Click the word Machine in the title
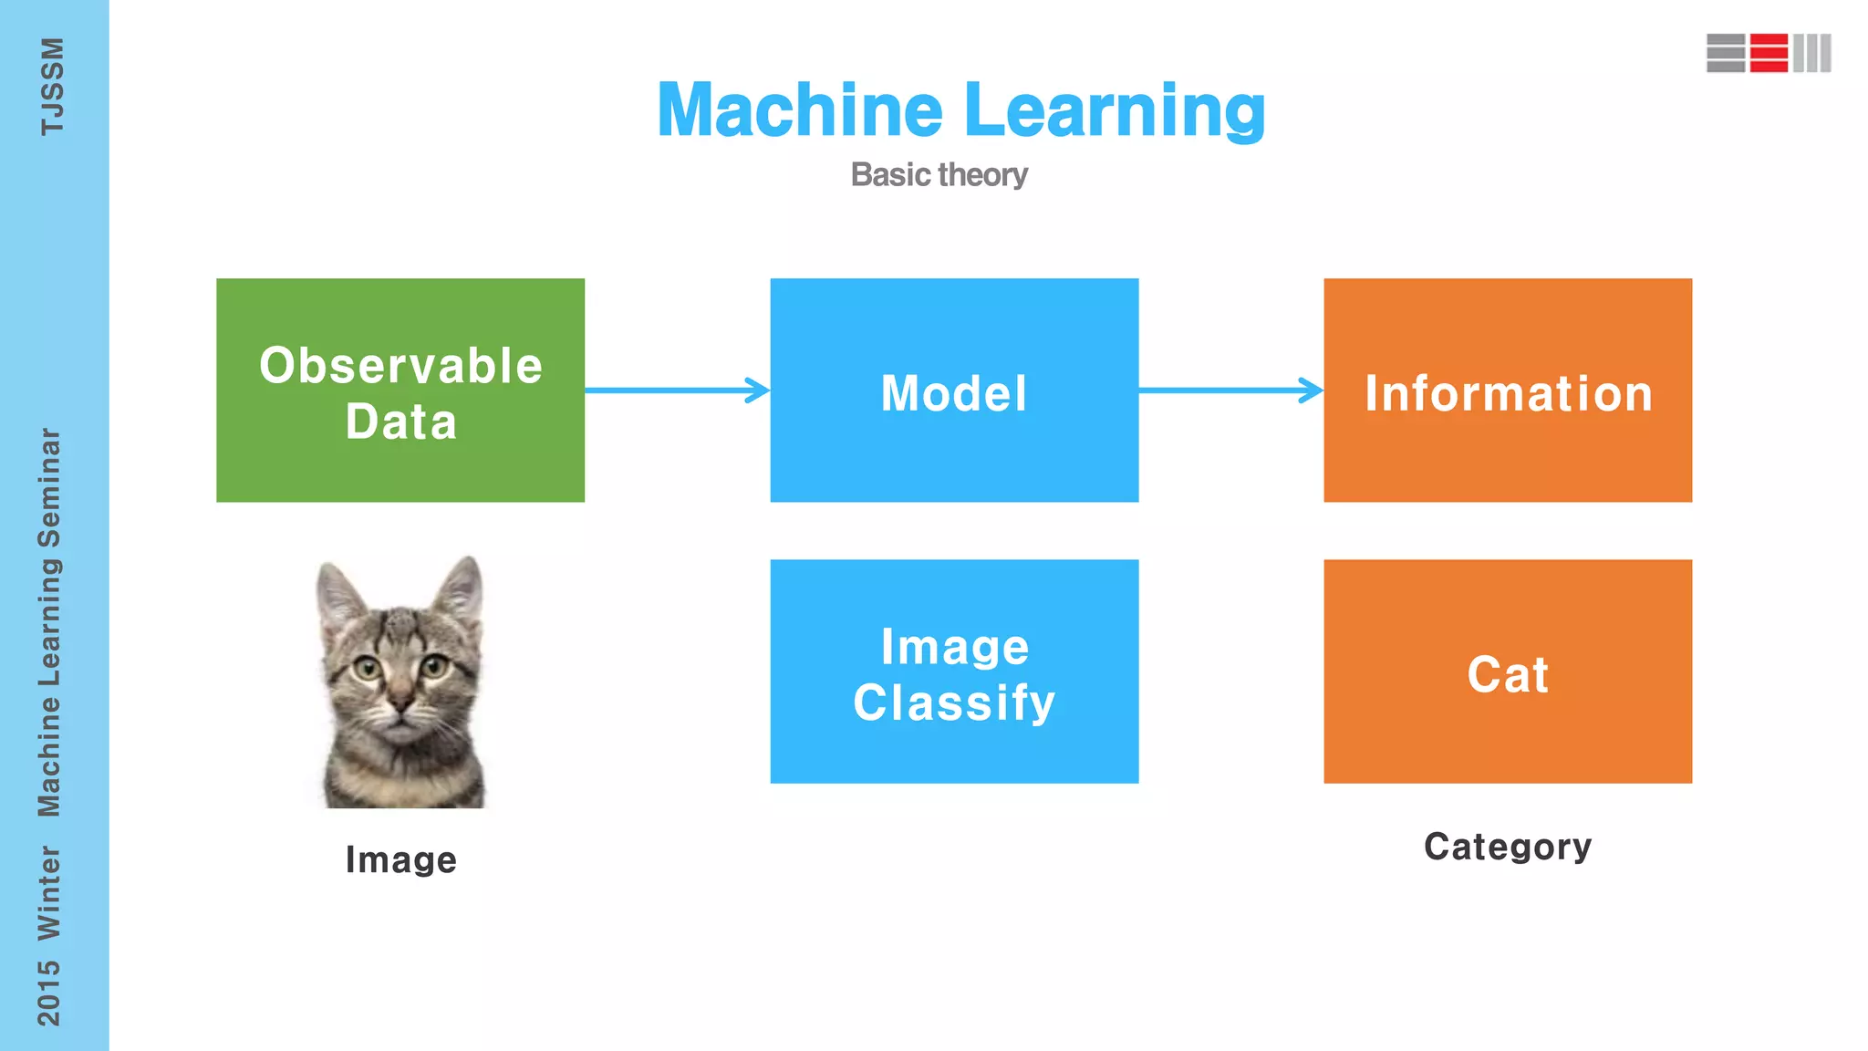coord(800,110)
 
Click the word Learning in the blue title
coord(1114,110)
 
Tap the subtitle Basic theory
coord(939,174)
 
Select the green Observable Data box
coord(400,390)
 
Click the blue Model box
coord(954,390)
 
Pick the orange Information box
coord(1508,390)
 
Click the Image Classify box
coord(954,671)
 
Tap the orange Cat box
coord(1508,671)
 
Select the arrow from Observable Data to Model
coord(677,390)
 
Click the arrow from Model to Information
coord(1230,390)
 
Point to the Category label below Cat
coord(1508,847)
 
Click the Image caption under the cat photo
coord(400,859)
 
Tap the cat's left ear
coord(338,593)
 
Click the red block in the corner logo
coord(1769,53)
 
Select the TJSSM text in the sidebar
coord(52,87)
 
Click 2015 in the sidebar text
coord(49,992)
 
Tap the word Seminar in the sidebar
coord(49,488)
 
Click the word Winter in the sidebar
coord(49,892)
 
